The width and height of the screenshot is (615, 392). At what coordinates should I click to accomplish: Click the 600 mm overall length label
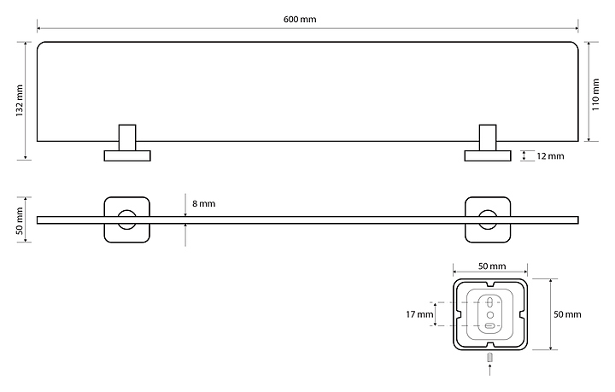tap(307, 19)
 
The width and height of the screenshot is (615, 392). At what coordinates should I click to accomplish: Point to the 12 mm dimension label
tap(550, 156)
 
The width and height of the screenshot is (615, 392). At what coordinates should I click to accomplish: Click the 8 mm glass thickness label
tap(203, 204)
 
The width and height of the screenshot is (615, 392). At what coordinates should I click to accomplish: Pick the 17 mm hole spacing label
tap(419, 314)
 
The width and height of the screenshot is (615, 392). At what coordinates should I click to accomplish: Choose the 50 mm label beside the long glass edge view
tap(19, 220)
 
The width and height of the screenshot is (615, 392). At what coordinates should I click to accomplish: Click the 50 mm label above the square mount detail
tap(491, 266)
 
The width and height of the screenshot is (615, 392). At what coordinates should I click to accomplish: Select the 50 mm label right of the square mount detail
tap(567, 314)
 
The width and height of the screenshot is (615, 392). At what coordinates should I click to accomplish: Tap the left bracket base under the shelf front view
tap(127, 155)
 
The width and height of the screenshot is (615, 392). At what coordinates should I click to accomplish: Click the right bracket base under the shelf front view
tap(488, 155)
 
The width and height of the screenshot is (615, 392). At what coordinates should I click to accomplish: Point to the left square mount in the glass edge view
tap(127, 219)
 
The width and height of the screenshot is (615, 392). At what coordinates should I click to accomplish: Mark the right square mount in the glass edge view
tap(488, 219)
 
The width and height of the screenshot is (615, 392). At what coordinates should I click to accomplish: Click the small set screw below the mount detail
tap(490, 357)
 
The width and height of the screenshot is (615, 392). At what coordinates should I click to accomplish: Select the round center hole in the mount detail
tap(490, 313)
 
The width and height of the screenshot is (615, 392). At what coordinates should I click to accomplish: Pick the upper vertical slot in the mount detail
tap(490, 301)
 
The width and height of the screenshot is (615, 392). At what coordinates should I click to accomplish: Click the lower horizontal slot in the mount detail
tap(490, 325)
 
